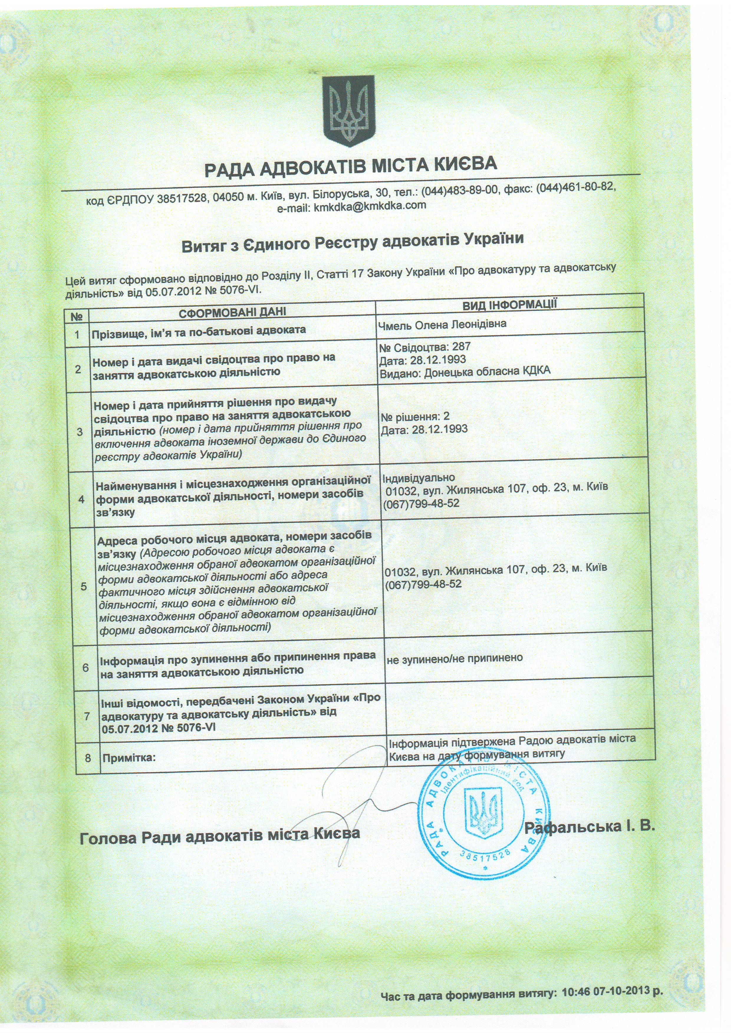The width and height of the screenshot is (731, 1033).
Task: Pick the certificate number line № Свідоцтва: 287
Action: point(419,347)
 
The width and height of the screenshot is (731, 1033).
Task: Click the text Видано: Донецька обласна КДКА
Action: point(465,371)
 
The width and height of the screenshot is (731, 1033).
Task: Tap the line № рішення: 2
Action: point(414,416)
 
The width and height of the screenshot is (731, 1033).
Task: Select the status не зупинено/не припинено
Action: point(455,658)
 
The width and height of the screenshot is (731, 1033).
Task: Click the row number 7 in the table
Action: point(87,716)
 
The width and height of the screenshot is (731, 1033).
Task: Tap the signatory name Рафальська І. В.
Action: point(589,827)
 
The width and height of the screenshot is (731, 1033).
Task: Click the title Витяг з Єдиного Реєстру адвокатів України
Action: point(353,242)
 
